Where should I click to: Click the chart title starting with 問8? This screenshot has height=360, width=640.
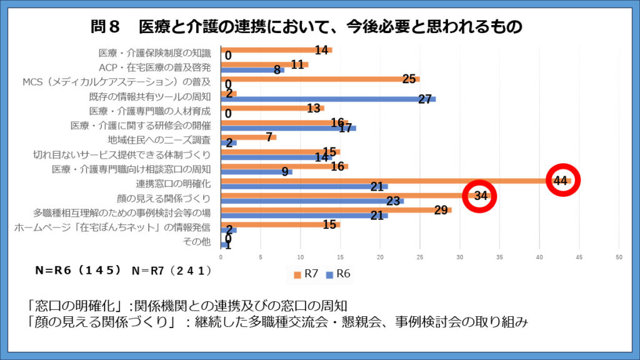click(306, 27)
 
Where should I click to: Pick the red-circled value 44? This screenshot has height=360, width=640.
click(560, 181)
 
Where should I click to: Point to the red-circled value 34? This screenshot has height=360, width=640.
click(480, 196)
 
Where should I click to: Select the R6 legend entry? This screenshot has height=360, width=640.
click(339, 273)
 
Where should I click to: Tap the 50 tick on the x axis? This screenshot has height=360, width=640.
click(619, 256)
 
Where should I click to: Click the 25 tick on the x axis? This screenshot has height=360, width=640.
click(420, 256)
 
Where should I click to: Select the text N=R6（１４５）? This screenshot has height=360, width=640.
click(78, 271)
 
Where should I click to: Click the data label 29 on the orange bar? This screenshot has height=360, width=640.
click(441, 210)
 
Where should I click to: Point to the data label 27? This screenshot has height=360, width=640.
click(425, 99)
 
